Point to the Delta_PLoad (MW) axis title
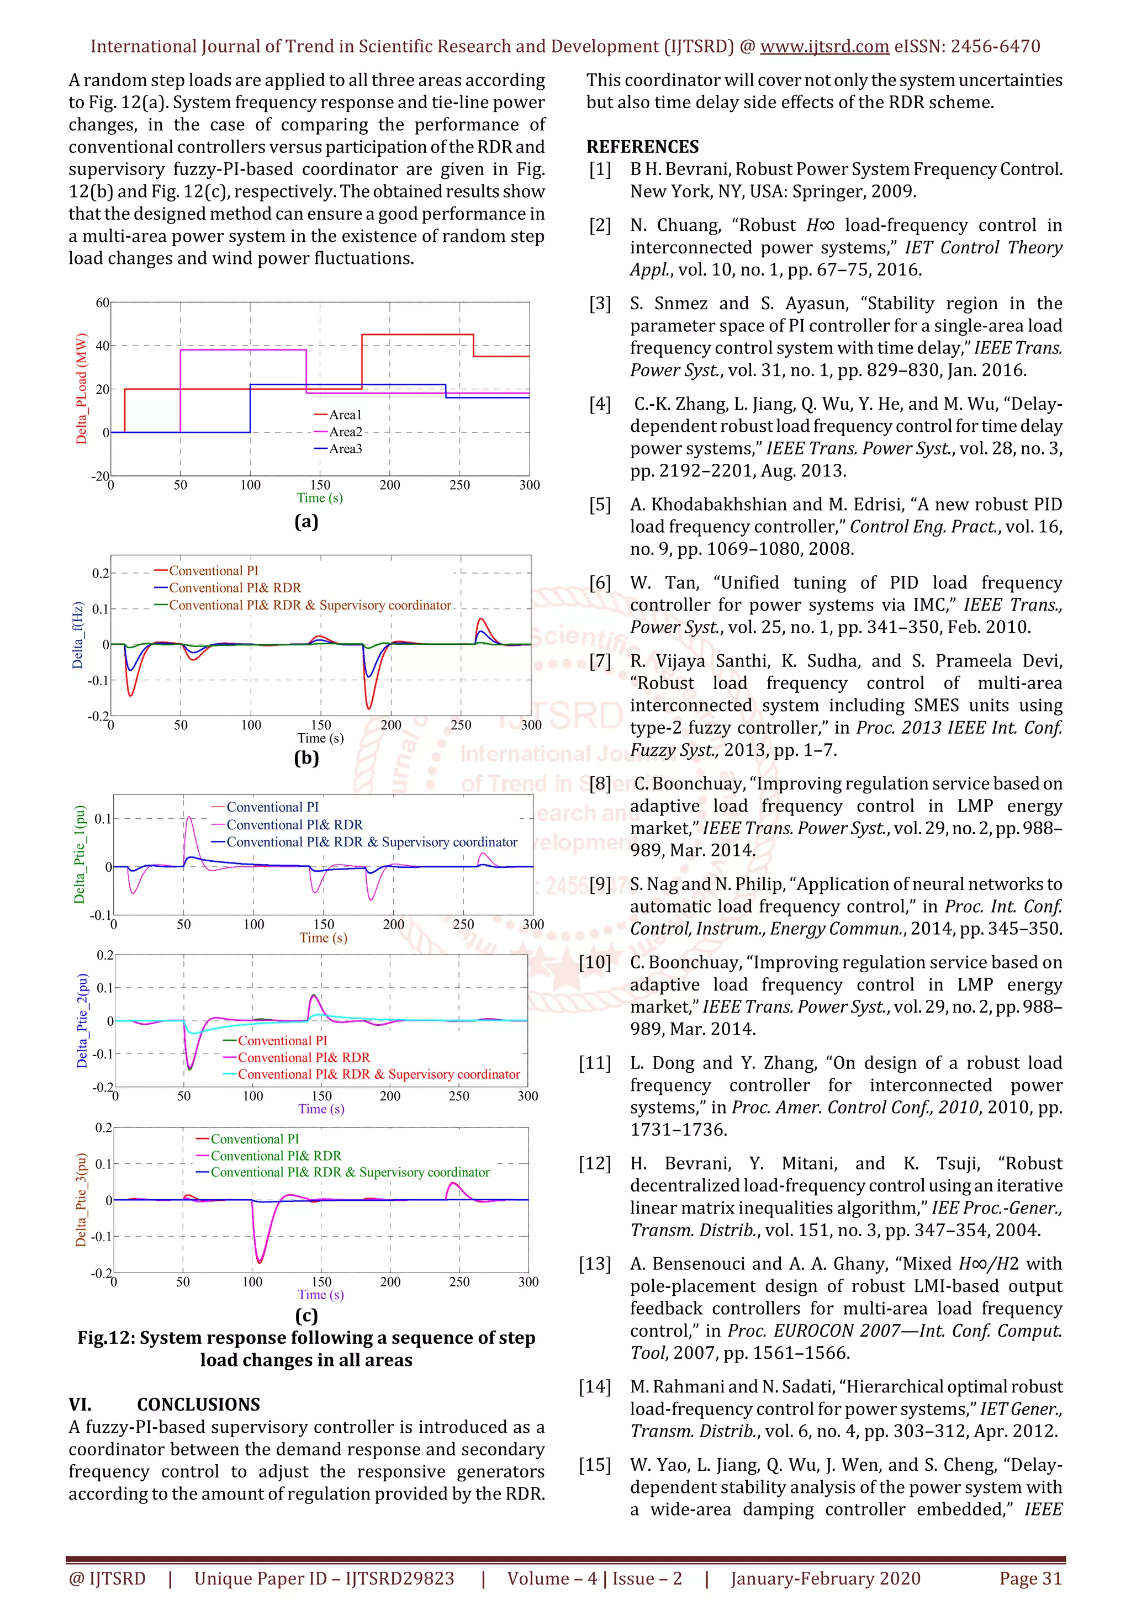pyautogui.click(x=82, y=388)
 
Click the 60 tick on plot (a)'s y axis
pyautogui.click(x=102, y=303)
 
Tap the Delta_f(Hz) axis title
pyautogui.click(x=78, y=635)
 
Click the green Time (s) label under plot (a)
pyautogui.click(x=319, y=497)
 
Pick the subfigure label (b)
pyautogui.click(x=306, y=757)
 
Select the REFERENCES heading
pyautogui.click(x=642, y=147)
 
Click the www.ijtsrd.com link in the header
pyautogui.click(x=824, y=47)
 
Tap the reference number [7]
pyautogui.click(x=599, y=661)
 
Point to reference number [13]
pyautogui.click(x=594, y=1263)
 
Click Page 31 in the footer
pyautogui.click(x=1030, y=1578)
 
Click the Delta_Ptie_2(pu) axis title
pyautogui.click(x=82, y=1020)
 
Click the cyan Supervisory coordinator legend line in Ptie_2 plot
pyautogui.click(x=230, y=1074)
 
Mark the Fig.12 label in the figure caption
pyautogui.click(x=104, y=1338)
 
